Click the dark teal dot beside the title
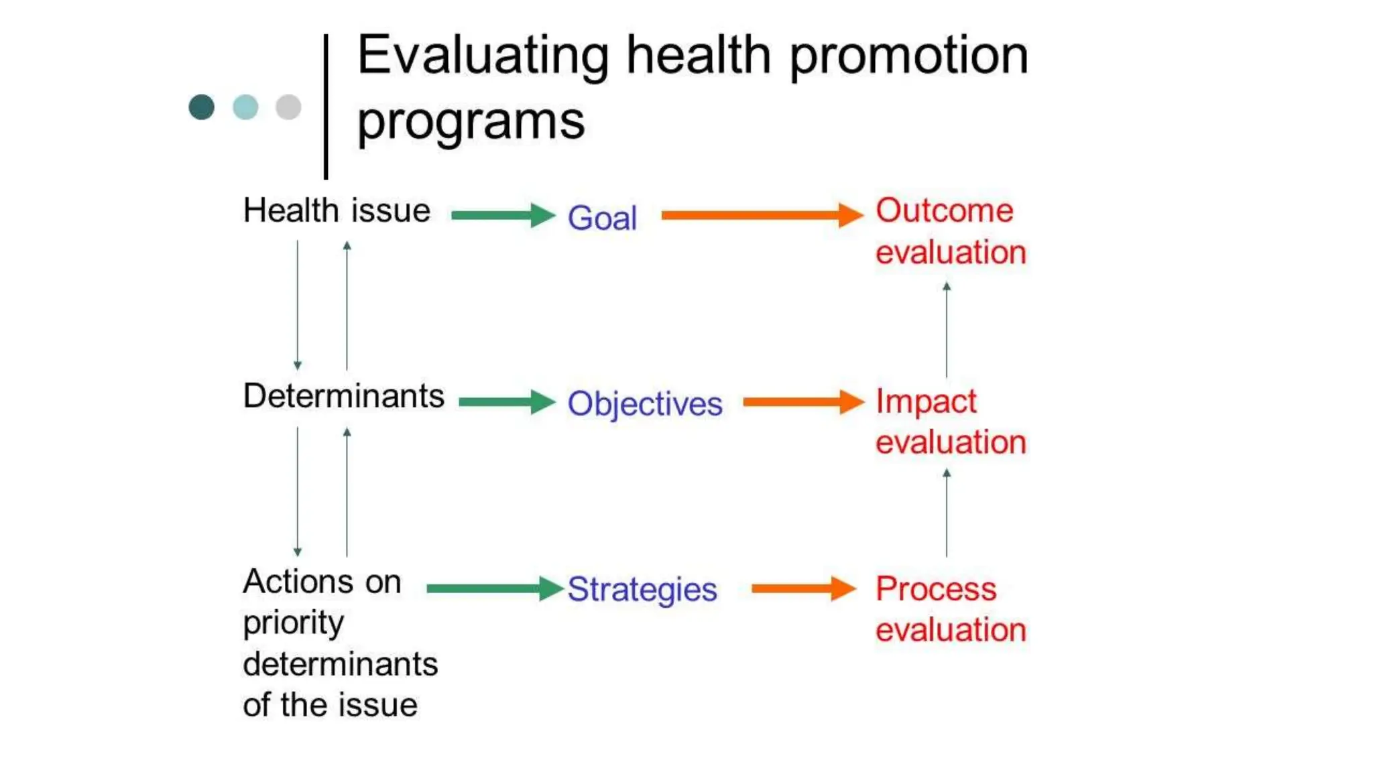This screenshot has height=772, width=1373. click(x=201, y=107)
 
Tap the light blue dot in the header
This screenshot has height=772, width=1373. click(x=245, y=107)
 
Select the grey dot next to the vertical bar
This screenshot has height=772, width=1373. click(x=288, y=107)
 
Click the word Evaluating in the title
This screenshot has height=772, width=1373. click(x=483, y=56)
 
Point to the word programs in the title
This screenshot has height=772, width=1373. click(x=471, y=122)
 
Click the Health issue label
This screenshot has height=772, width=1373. click(x=337, y=211)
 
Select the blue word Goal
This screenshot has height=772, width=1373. click(x=602, y=218)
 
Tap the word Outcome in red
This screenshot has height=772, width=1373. click(x=944, y=211)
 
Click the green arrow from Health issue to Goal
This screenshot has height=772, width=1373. click(x=503, y=215)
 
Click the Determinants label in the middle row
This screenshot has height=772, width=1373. click(x=343, y=396)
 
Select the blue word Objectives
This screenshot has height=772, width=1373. click(x=645, y=404)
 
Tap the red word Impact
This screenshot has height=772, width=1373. click(x=926, y=402)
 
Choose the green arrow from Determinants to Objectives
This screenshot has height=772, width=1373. click(x=507, y=402)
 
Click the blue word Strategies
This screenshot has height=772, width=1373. click(x=642, y=590)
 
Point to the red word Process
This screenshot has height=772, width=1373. click(x=936, y=589)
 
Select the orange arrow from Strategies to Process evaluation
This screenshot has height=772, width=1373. click(x=802, y=589)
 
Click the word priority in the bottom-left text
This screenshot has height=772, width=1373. click(x=293, y=624)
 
